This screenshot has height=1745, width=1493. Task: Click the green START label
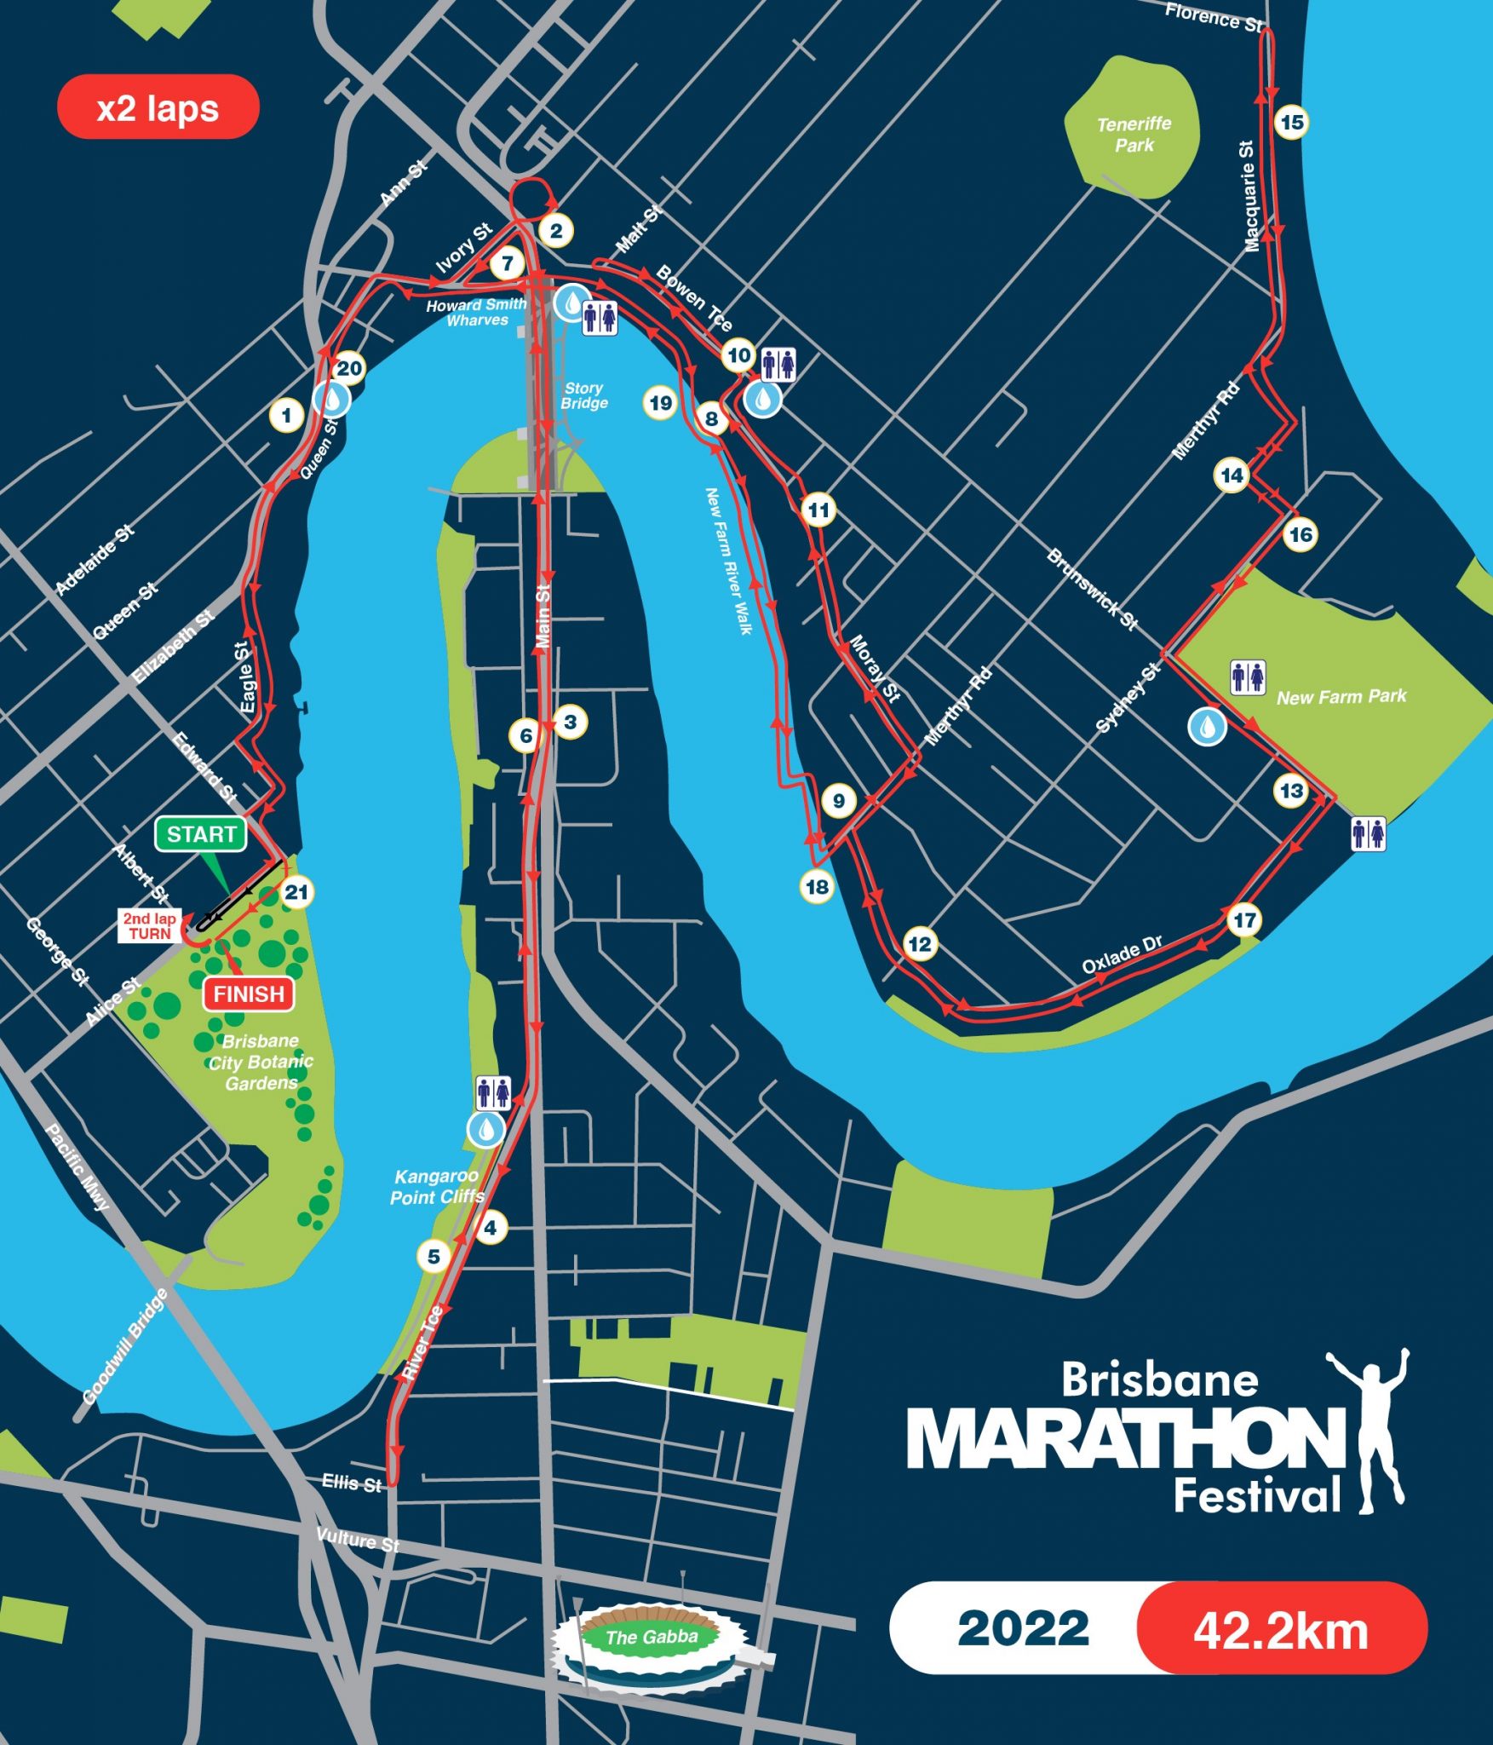[201, 834]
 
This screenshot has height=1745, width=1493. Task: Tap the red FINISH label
[249, 993]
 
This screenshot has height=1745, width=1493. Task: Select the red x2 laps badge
[158, 107]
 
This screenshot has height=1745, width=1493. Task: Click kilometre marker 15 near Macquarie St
[1291, 123]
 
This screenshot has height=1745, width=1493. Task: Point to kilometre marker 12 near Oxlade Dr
[919, 944]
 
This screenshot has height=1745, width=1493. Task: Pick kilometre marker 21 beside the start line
[296, 892]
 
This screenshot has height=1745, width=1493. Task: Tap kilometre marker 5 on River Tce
[434, 1256]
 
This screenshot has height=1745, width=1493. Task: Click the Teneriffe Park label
[1134, 135]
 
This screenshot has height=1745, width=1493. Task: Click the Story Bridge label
[583, 395]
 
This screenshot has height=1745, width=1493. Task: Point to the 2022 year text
[1023, 1629]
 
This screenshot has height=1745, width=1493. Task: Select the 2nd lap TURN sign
[149, 925]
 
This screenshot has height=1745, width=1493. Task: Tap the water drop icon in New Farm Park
[1207, 727]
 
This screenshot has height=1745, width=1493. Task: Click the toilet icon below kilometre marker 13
[1368, 833]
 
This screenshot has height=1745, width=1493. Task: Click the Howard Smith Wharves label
[477, 312]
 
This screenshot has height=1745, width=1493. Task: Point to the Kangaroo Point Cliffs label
[436, 1186]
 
